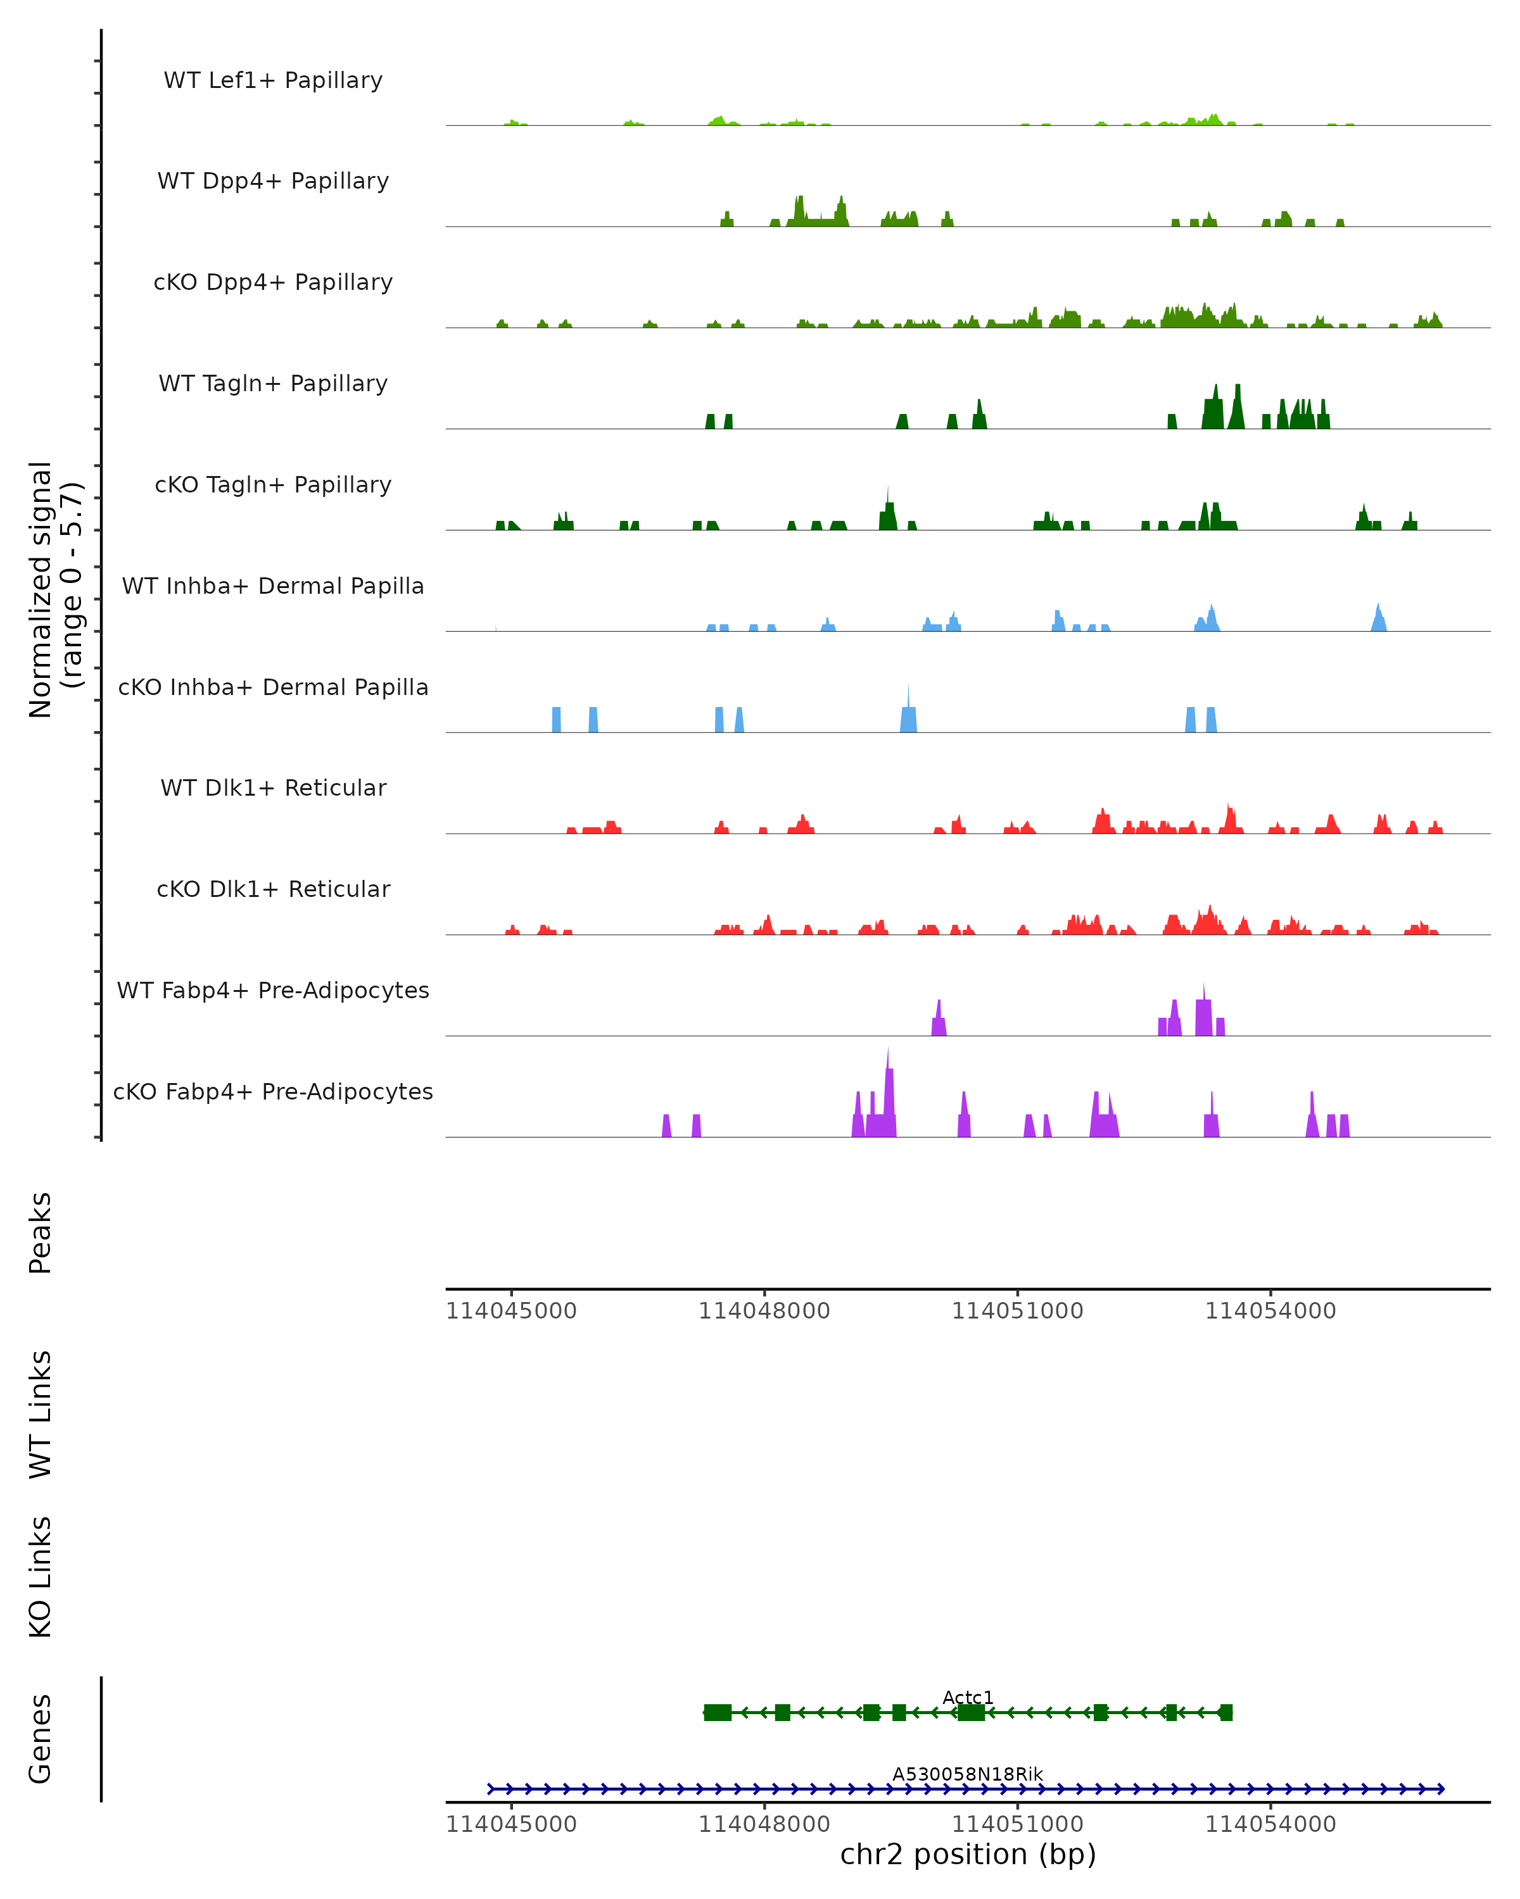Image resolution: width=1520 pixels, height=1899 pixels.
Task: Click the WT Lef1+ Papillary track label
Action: (273, 80)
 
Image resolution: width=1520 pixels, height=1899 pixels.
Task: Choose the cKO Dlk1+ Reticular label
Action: (273, 889)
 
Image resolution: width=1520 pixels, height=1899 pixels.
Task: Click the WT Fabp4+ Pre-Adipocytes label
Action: (273, 990)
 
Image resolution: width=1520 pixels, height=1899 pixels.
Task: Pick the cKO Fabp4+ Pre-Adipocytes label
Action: (273, 1091)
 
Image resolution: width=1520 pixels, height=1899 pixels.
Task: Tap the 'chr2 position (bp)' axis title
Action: (968, 1854)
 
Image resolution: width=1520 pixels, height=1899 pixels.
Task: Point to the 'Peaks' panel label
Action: (41, 1232)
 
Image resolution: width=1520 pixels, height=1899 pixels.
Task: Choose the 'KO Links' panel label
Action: (41, 1577)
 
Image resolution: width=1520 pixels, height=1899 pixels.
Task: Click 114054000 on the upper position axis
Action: (1270, 1311)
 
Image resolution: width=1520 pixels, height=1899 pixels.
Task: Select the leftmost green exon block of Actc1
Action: (718, 1712)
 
